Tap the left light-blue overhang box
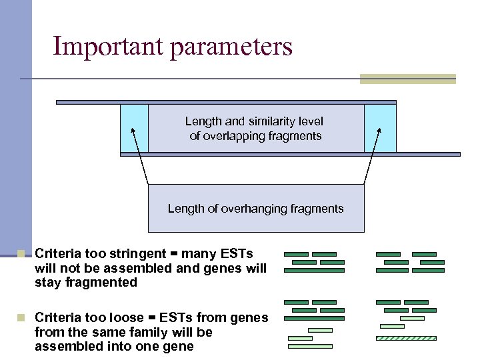click(134, 128)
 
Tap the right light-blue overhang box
click(380, 128)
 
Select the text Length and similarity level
click(254, 121)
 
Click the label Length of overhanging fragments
click(255, 209)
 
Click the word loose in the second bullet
click(125, 317)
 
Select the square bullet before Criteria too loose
click(21, 318)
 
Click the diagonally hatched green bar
click(406, 338)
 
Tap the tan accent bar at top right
click(407, 79)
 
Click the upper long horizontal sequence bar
click(226, 102)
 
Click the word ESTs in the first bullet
click(239, 254)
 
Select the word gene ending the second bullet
click(179, 346)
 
